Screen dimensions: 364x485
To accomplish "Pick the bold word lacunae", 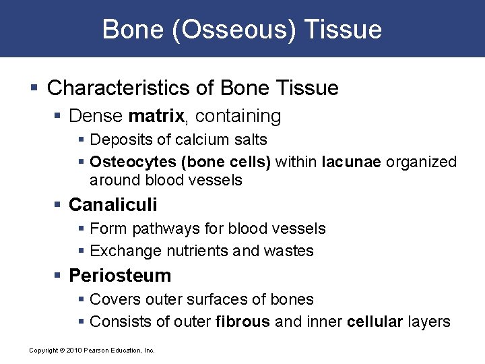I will pos(350,162).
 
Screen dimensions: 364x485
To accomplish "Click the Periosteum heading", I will pos(120,276).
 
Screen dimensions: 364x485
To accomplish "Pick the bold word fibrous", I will pos(243,322).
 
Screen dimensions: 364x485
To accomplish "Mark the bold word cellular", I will pos(375,322).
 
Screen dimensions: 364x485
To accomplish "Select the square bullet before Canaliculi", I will pos(60,205).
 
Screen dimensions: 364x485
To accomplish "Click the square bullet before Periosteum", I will pos(60,276).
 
